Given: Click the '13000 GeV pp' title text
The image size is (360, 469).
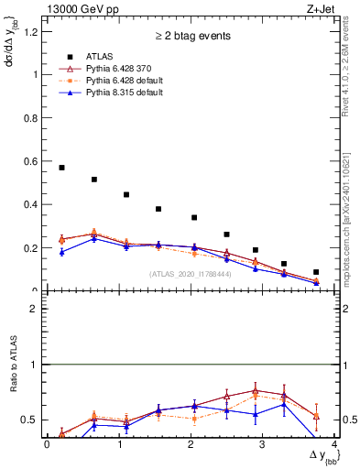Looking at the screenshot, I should [80, 8].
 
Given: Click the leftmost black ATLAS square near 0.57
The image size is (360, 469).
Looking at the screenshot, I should [61, 168].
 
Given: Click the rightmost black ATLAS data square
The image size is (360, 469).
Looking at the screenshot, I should [316, 272].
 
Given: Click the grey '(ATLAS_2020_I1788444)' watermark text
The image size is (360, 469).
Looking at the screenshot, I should [188, 274].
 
